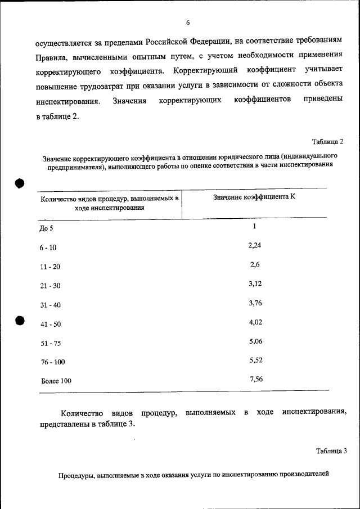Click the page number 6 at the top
pyautogui.click(x=188, y=22)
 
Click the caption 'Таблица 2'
pyautogui.click(x=327, y=141)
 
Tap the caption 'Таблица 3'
pyautogui.click(x=331, y=451)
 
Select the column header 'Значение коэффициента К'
pyautogui.click(x=254, y=197)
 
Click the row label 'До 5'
pyautogui.click(x=48, y=228)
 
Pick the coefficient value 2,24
pyautogui.click(x=255, y=245)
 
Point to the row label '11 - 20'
pyautogui.click(x=50, y=267)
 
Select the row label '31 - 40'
pyautogui.click(x=50, y=305)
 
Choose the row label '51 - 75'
pyautogui.click(x=50, y=343)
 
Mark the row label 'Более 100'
pyautogui.click(x=56, y=381)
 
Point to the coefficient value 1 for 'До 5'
pyautogui.click(x=254, y=226)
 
